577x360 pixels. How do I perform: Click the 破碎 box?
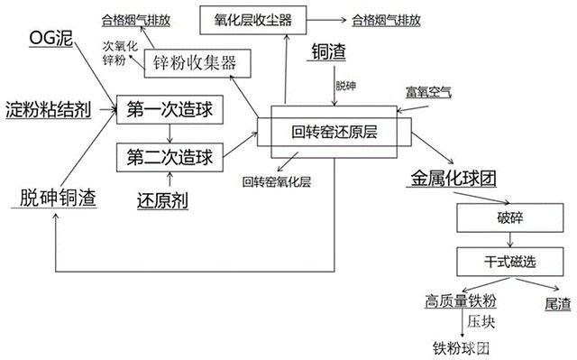pyautogui.click(x=511, y=219)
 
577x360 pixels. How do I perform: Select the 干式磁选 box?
pyautogui.click(x=511, y=262)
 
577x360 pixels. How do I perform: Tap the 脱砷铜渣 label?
pyautogui.click(x=56, y=197)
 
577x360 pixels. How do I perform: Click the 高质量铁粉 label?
pyautogui.click(x=463, y=301)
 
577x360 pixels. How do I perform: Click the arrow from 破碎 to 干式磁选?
pyautogui.click(x=511, y=240)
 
